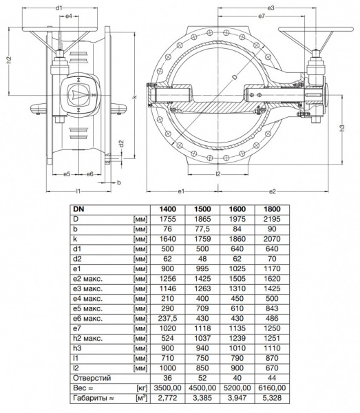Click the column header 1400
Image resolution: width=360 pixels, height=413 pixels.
point(167,208)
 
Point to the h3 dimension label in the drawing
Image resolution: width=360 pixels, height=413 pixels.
point(342,129)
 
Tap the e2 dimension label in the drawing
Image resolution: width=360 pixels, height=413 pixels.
point(272,190)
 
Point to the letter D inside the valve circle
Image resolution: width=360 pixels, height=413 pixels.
point(234,80)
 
